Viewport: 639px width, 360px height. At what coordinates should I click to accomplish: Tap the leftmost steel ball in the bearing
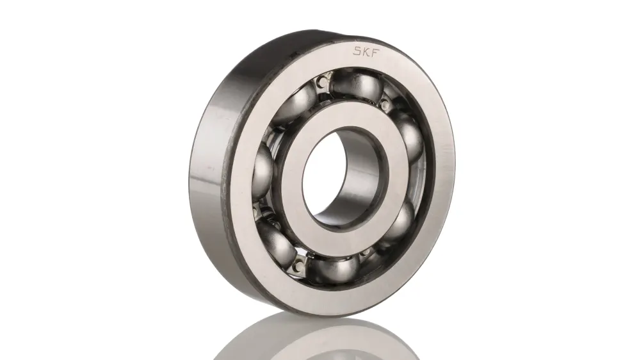pos(264,169)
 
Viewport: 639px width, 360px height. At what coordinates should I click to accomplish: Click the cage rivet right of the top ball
pos(384,103)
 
